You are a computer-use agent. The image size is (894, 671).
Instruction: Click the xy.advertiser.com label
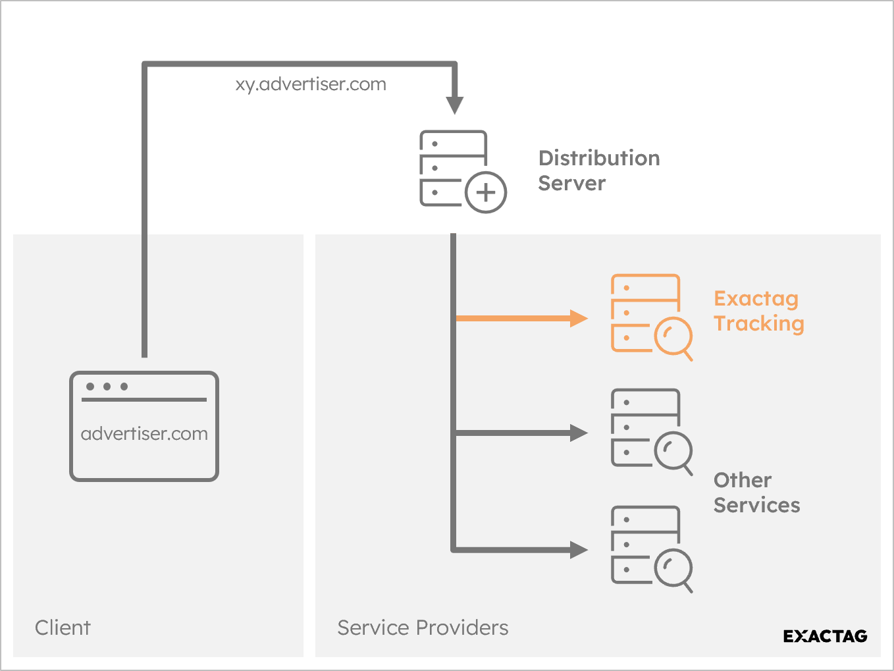pyautogui.click(x=311, y=85)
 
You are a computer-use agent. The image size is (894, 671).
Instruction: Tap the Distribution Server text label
pyautogui.click(x=598, y=171)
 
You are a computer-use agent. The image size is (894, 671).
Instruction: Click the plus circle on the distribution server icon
pyautogui.click(x=486, y=192)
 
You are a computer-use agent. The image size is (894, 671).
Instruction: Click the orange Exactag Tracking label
pyautogui.click(x=758, y=311)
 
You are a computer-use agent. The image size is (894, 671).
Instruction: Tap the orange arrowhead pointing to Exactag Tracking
pyautogui.click(x=578, y=318)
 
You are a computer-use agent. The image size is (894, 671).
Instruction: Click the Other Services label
pyautogui.click(x=756, y=493)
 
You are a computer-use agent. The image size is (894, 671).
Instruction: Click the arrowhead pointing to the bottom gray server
pyautogui.click(x=578, y=549)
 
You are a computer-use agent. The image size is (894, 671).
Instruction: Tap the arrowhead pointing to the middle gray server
pyautogui.click(x=578, y=433)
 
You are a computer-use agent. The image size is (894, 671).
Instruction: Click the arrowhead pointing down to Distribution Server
pyautogui.click(x=455, y=105)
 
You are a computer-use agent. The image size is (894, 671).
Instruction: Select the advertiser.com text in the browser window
pyautogui.click(x=144, y=434)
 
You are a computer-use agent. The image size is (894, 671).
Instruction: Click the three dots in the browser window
pyautogui.click(x=107, y=387)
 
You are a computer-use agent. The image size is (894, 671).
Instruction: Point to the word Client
pyautogui.click(x=63, y=628)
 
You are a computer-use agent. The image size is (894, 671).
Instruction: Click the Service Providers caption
pyautogui.click(x=423, y=628)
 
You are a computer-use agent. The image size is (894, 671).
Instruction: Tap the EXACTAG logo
pyautogui.click(x=825, y=636)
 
